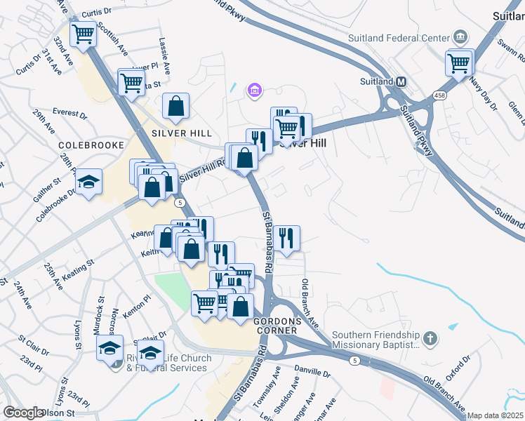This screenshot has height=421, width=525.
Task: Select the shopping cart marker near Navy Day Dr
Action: pos(459,63)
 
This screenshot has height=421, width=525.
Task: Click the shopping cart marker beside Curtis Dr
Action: pos(84,33)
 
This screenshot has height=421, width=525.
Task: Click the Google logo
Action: pos(23,413)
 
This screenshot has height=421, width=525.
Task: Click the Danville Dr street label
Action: pos(312,369)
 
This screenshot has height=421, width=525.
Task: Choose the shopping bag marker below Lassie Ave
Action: pos(176,107)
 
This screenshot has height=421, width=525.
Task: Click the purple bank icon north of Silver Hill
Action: pos(254,90)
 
